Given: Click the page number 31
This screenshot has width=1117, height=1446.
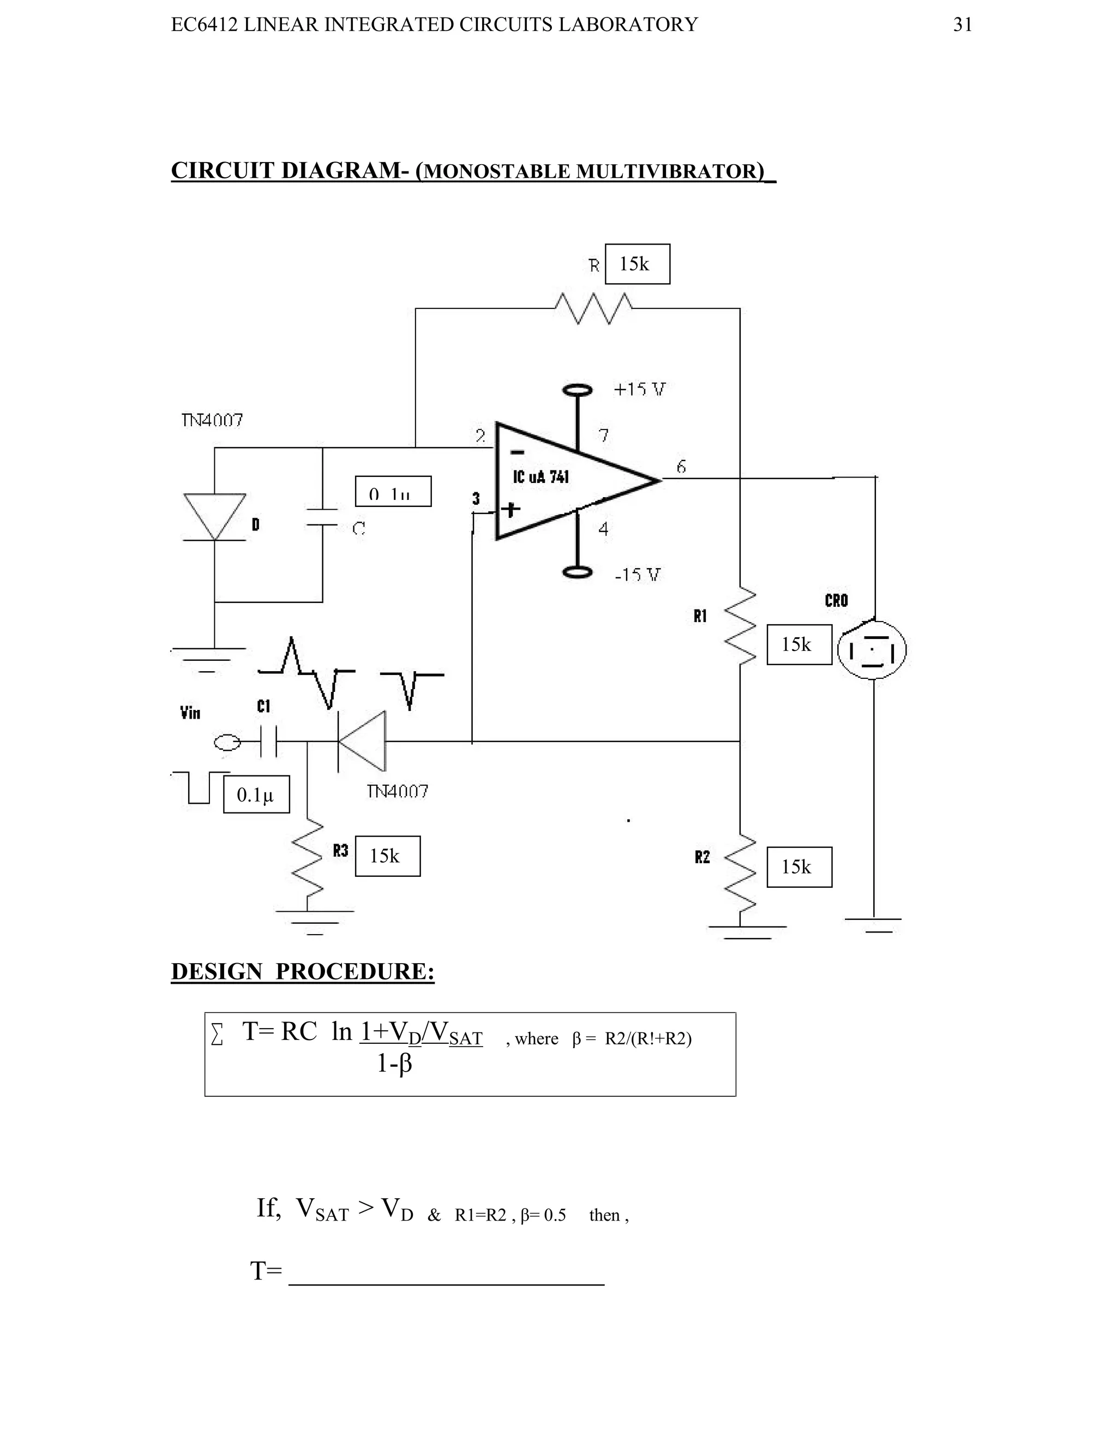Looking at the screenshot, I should click(x=962, y=25).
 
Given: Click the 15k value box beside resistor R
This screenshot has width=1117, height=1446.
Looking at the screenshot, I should click(x=636, y=264).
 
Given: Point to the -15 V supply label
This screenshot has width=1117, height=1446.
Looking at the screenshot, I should click(x=637, y=575).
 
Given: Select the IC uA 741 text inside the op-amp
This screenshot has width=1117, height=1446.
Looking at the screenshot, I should click(x=541, y=477).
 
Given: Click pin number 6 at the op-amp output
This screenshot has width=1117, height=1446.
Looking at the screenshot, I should click(x=681, y=467).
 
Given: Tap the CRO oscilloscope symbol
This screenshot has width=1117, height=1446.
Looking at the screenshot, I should click(x=872, y=649).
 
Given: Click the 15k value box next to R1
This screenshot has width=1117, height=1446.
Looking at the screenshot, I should click(x=798, y=644).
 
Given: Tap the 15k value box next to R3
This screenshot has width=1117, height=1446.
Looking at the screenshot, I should click(x=387, y=856).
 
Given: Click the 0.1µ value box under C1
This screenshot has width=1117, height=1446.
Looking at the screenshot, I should click(x=256, y=794).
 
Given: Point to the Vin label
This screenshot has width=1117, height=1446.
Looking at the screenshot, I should click(x=190, y=713).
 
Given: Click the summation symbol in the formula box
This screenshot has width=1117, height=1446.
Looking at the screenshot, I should click(x=217, y=1034).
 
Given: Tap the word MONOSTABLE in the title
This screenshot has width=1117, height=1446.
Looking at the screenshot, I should click(x=496, y=171).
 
